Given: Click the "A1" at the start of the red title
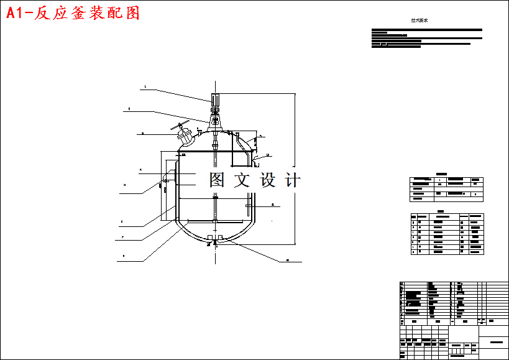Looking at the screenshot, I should (16, 13).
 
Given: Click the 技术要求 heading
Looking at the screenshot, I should (420, 21).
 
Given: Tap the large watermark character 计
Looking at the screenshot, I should (292, 180).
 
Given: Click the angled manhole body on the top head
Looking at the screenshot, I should (185, 135).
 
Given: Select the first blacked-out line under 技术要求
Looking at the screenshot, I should (426, 30).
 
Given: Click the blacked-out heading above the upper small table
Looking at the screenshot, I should (441, 173).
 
